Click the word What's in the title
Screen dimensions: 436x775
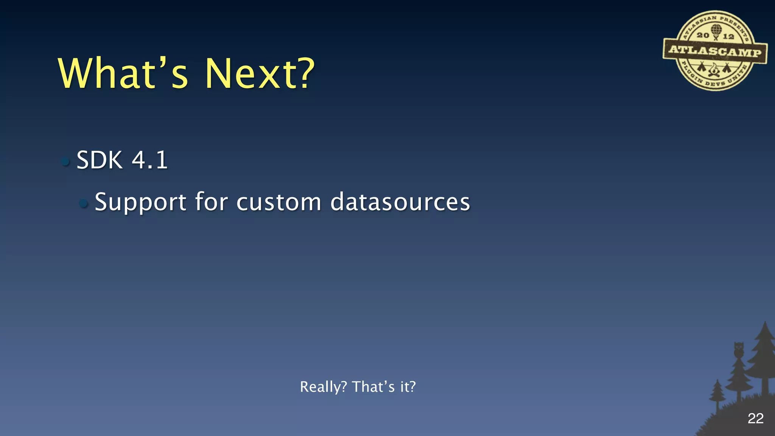pos(123,74)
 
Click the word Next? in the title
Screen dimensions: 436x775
pos(260,74)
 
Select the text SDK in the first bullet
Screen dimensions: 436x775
pos(100,160)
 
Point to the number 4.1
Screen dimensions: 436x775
pos(150,160)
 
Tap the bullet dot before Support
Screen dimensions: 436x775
pos(84,204)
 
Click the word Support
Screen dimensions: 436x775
pos(140,202)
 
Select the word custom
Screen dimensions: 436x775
pos(279,202)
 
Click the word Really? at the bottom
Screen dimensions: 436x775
pos(323,387)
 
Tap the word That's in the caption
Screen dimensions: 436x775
pos(373,387)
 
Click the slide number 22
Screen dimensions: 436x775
pos(755,419)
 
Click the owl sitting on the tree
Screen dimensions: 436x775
pos(739,349)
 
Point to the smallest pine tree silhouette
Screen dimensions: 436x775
pos(717,394)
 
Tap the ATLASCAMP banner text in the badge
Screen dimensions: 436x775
pos(715,51)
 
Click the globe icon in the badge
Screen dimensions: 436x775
pos(716,30)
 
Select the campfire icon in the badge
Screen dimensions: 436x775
pos(714,70)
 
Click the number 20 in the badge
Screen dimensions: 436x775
pos(703,35)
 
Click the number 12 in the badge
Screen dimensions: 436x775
pos(728,36)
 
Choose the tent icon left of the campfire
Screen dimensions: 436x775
pos(702,67)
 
